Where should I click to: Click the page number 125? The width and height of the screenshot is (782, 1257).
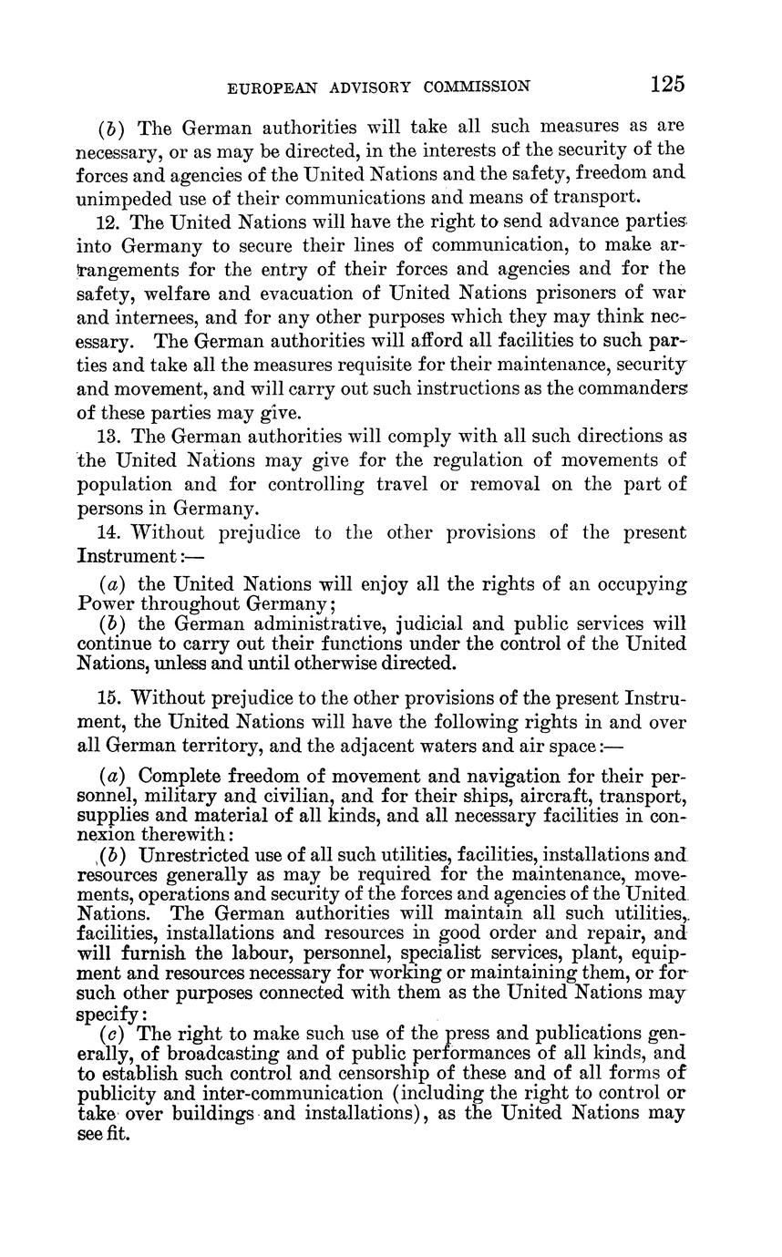point(668,85)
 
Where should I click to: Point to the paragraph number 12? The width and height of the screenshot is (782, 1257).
point(108,222)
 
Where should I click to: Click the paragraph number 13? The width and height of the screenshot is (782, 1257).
point(108,437)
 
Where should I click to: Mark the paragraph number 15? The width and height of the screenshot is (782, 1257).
point(108,698)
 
